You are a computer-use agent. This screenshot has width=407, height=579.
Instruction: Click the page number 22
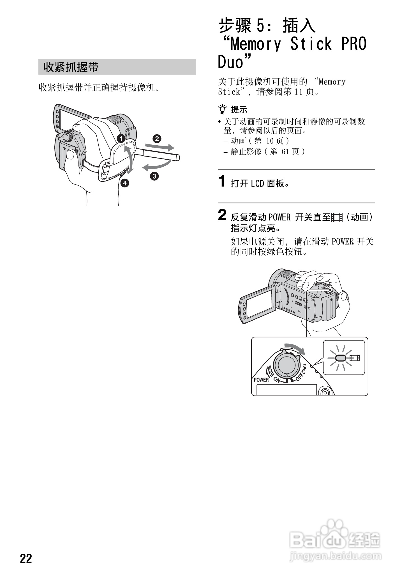click(x=26, y=559)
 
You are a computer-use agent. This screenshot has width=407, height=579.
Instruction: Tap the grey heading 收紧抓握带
click(x=71, y=67)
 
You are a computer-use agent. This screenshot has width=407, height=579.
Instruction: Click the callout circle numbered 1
click(x=121, y=138)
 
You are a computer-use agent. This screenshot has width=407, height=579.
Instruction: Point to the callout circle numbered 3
click(x=154, y=176)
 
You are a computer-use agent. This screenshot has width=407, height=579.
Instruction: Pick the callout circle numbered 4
click(x=125, y=183)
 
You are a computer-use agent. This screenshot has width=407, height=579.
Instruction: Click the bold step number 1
click(x=222, y=181)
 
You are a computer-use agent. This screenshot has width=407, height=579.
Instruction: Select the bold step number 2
click(x=222, y=215)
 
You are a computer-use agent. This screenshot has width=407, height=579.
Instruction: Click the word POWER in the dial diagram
click(x=261, y=380)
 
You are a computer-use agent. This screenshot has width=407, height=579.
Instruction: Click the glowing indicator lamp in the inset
click(x=340, y=358)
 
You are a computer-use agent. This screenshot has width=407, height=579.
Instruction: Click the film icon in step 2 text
click(x=337, y=217)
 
